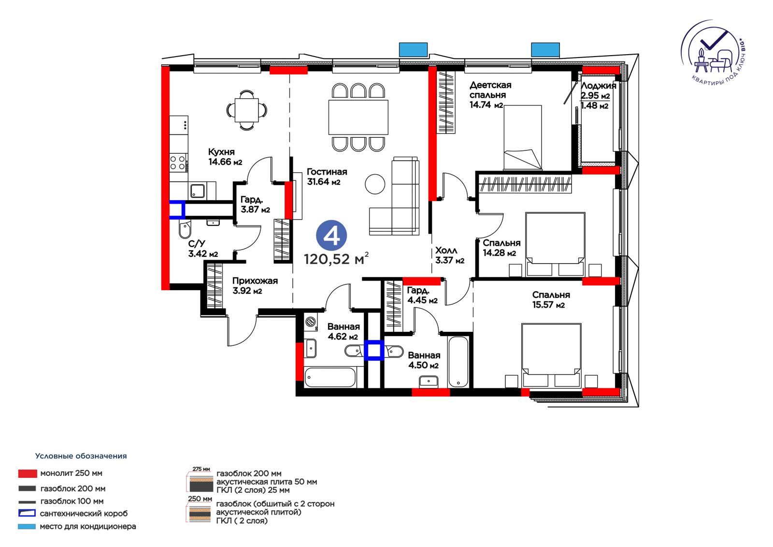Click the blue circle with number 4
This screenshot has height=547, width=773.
[x=331, y=236]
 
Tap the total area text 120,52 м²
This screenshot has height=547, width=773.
[x=336, y=259]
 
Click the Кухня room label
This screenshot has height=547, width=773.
[x=221, y=152]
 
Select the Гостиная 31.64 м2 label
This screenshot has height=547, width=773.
[x=327, y=177]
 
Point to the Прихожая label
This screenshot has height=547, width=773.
[x=255, y=281]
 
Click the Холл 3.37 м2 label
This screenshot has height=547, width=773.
[x=449, y=255]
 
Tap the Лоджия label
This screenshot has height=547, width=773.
[x=599, y=86]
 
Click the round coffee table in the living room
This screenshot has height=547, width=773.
[x=375, y=184]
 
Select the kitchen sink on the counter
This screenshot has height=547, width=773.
[x=197, y=191]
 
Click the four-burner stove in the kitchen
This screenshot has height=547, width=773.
[x=179, y=163]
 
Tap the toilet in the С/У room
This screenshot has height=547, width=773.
[x=185, y=229]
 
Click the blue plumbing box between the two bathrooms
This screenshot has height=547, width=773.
[x=374, y=350]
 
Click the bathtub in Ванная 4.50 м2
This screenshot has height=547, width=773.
[x=458, y=361]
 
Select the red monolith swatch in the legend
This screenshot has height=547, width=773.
[x=28, y=473]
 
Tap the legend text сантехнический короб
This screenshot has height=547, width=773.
[x=84, y=514]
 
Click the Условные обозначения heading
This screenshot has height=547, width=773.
[x=81, y=456]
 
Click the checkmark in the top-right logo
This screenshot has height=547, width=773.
[x=713, y=44]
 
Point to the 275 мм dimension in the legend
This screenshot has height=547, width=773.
[x=201, y=469]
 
